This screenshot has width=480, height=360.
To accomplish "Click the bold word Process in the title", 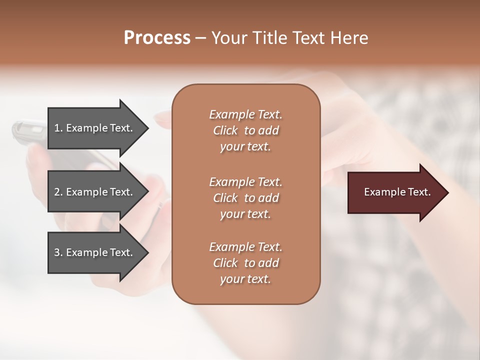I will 157,38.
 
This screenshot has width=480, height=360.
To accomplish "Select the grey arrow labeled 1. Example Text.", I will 95,128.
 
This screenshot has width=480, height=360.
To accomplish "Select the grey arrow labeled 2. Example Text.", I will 95,192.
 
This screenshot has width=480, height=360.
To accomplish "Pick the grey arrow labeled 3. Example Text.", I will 95,252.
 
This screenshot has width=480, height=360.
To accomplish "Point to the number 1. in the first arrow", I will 58,128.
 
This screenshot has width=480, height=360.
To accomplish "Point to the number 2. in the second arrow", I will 58,192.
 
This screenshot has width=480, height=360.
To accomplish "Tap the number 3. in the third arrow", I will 58,252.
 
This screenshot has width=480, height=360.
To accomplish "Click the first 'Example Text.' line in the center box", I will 245,114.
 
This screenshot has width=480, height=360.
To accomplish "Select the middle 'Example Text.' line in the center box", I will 245,181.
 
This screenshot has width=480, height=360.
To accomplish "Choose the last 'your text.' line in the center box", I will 245,279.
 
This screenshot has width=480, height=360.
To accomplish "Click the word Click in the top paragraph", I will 225,130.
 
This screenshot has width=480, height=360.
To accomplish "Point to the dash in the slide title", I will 200,38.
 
